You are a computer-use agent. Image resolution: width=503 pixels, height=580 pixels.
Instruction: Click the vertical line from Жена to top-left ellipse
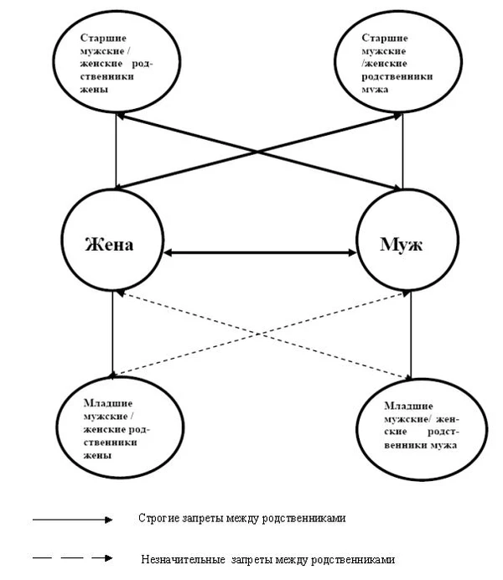click(117, 155)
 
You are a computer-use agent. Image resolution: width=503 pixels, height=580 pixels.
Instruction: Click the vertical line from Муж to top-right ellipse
click(402, 155)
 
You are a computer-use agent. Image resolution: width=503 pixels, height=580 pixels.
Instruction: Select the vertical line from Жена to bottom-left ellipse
click(111, 335)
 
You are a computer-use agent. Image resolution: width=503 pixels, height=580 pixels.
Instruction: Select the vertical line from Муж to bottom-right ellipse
click(411, 335)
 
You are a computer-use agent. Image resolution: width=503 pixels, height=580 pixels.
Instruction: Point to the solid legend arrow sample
click(71, 520)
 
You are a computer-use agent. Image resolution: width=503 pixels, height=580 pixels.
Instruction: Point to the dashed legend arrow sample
click(71, 557)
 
